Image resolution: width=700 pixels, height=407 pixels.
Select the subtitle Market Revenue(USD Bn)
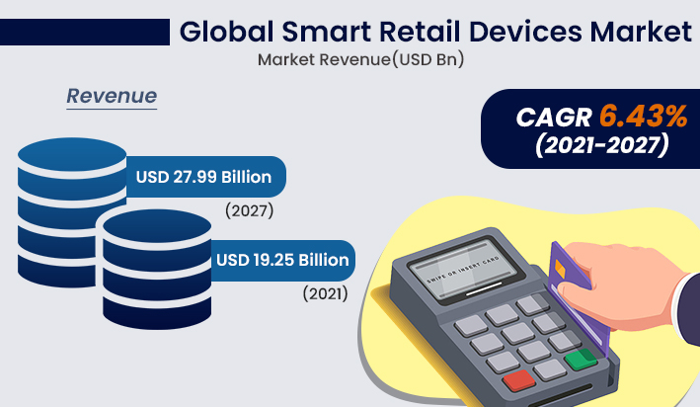(360, 59)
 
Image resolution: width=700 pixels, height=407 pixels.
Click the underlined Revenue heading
(112, 97)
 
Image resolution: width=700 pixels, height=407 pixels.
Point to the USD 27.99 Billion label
(203, 178)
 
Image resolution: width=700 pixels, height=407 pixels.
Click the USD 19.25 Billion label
(281, 261)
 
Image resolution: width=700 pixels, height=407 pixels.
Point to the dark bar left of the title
(85, 32)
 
